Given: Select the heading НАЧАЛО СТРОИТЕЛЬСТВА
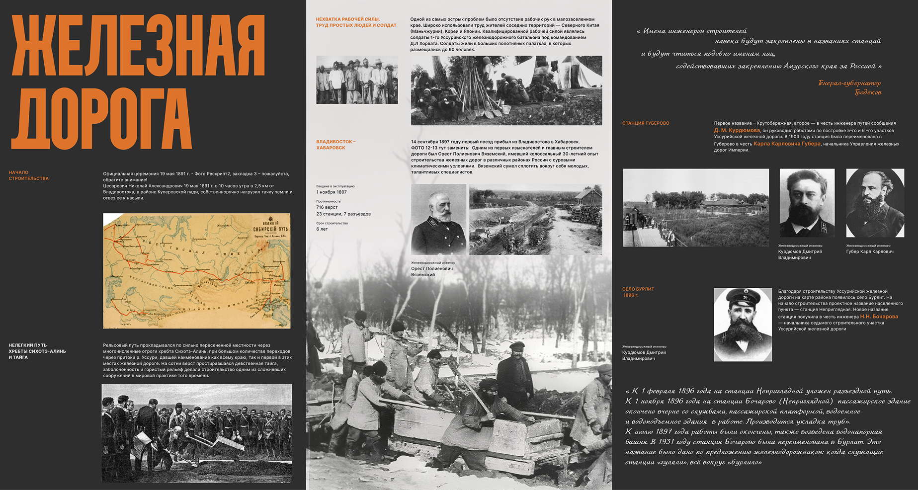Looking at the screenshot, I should click(28, 175).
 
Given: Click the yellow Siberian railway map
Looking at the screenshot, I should click(196, 271).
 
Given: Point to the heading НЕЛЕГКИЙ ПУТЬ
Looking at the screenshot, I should click(28, 345).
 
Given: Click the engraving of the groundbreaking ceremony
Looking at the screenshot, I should click(197, 433).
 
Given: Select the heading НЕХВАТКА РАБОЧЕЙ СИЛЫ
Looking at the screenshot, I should click(348, 19).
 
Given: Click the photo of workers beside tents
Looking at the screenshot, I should click(506, 90).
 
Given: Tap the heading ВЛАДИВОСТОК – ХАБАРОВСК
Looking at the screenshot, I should click(335, 145).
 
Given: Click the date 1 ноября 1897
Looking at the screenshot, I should click(332, 192).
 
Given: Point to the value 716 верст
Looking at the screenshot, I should click(327, 207).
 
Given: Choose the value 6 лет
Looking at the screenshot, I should click(322, 229).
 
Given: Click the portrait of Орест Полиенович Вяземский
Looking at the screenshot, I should click(439, 219).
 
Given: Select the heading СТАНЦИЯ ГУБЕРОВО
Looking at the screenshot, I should click(646, 123).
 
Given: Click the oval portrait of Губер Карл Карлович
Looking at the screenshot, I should click(875, 203).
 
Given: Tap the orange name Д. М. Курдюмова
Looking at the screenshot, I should click(737, 130).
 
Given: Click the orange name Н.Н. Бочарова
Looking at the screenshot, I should click(879, 317).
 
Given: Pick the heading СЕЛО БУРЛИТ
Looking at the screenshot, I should click(638, 289).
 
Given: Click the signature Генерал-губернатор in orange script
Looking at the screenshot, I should click(849, 83).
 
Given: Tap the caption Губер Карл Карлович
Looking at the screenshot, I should click(870, 251).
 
